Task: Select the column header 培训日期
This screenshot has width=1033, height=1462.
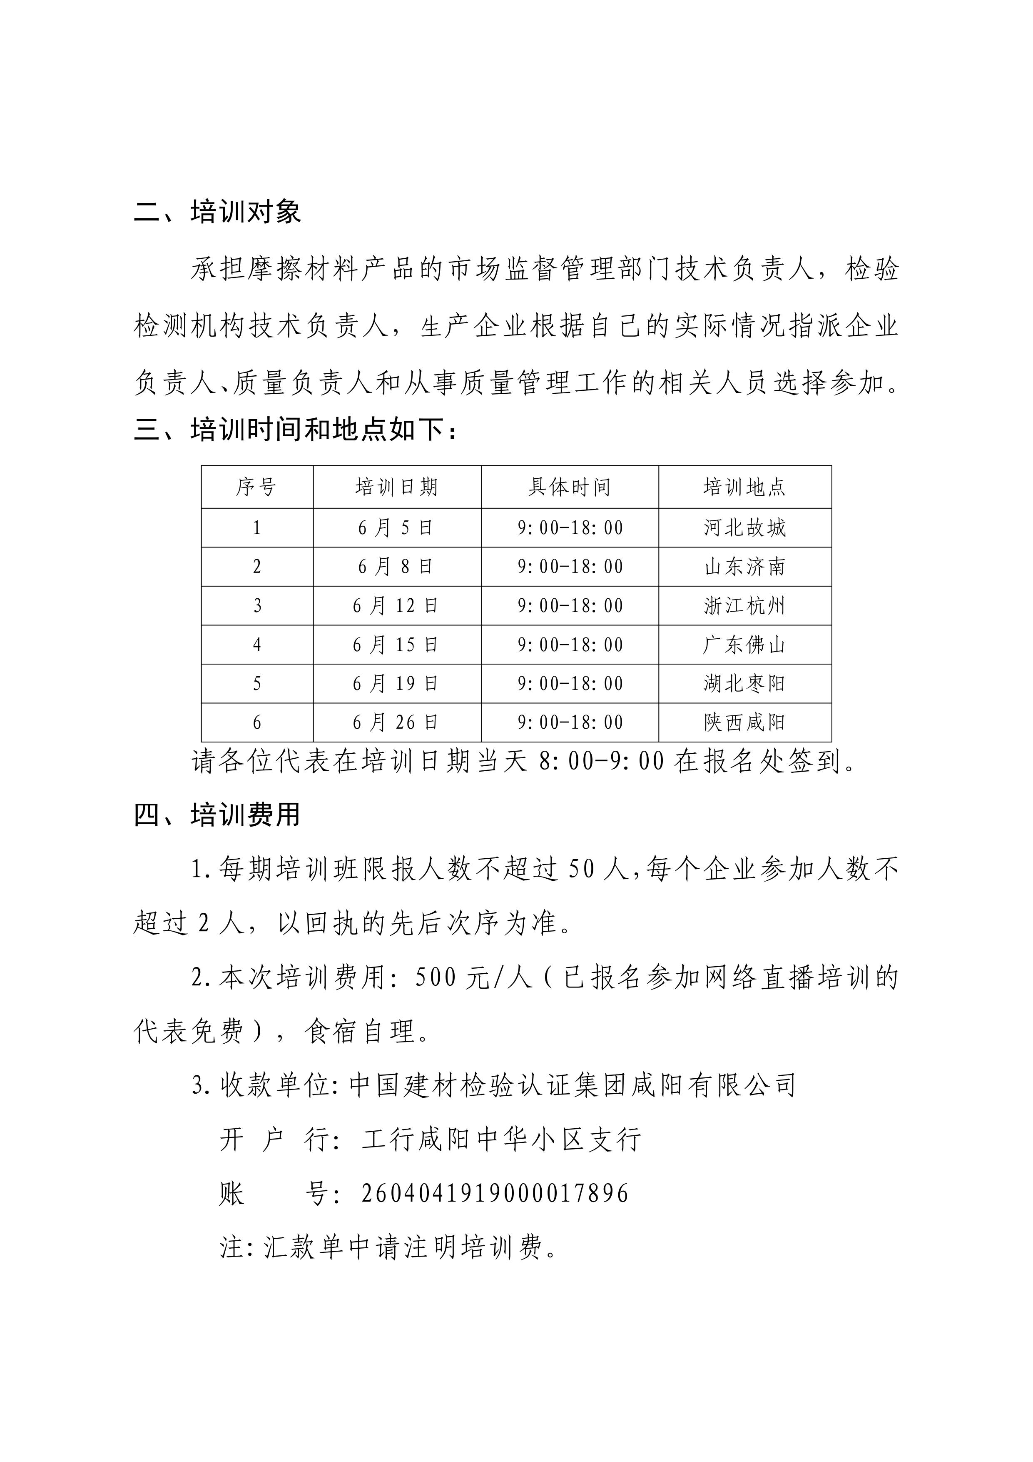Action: [396, 487]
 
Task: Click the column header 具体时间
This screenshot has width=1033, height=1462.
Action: [570, 487]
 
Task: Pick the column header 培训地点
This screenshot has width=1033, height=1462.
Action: [745, 487]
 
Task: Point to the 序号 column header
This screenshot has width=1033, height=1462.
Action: [256, 487]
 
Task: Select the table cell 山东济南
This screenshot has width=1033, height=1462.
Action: [745, 567]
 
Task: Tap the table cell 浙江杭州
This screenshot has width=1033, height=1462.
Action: [745, 605]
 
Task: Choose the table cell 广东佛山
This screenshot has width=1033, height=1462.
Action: [745, 645]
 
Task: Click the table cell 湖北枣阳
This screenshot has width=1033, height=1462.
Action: [745, 684]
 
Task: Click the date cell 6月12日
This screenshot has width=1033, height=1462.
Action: [396, 605]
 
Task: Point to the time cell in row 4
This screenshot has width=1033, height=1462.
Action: [570, 645]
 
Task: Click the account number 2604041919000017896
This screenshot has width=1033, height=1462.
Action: [495, 1193]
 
